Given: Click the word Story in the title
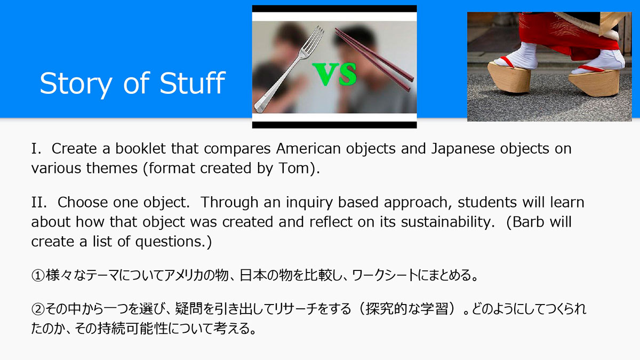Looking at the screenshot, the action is (x=76, y=83).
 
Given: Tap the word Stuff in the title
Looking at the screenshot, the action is (x=193, y=82).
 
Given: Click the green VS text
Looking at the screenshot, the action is (x=334, y=74).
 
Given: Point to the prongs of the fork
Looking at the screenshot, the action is (x=315, y=37).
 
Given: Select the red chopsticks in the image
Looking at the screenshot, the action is (x=374, y=59).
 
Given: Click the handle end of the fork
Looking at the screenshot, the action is (x=260, y=105).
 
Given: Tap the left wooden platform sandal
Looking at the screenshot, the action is (x=509, y=77).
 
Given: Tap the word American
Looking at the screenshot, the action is (x=308, y=149).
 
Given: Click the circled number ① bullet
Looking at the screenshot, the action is (x=38, y=276).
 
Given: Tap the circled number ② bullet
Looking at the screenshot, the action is (x=38, y=309).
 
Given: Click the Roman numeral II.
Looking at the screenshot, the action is (x=39, y=203).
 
